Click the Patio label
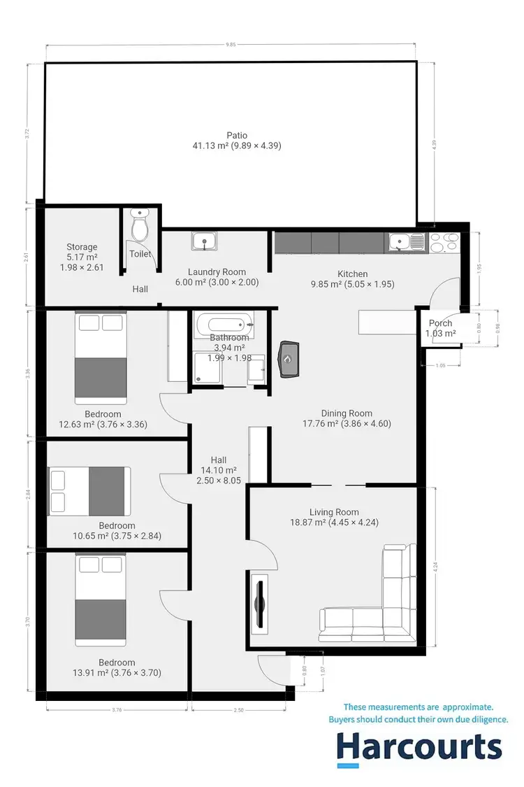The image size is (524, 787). coord(237,136)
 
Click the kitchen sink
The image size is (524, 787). coord(402,242)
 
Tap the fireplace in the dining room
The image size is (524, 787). coord(287,359)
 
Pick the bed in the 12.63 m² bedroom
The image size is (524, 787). coord(101,358)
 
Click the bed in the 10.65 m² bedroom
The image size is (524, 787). coord(89,491)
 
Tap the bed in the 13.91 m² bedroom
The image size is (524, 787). coord(101,600)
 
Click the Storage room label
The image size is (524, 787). coord(82,247)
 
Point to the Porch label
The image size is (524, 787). coord(440,323)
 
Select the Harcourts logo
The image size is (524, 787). coord(419,747)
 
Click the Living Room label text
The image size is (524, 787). coord(338,512)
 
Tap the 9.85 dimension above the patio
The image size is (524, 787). coord(231,45)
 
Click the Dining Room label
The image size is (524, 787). coord(347,413)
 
